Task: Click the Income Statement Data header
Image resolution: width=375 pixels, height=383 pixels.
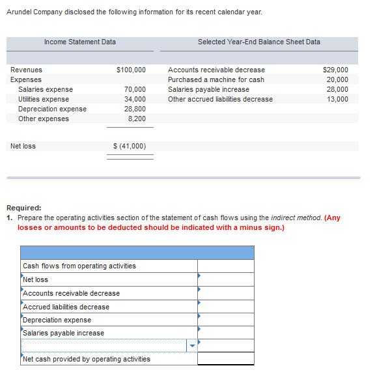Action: tap(80, 42)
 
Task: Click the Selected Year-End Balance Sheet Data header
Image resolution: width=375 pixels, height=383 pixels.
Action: tap(258, 42)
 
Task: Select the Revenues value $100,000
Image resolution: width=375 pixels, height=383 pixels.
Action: tap(131, 70)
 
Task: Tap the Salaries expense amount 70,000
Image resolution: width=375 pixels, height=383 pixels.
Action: tap(135, 89)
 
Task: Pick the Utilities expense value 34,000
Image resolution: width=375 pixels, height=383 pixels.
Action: tap(135, 99)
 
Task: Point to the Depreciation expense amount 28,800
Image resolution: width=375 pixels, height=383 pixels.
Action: tap(135, 109)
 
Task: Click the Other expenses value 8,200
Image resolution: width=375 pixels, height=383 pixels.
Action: tap(137, 119)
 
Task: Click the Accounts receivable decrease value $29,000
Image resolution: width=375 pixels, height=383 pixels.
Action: tap(335, 70)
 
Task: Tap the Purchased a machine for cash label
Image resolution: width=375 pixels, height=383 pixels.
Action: tap(216, 79)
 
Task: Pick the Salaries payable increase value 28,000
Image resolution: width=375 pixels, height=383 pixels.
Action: tap(337, 89)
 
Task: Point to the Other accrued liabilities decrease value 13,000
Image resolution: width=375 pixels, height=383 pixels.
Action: tap(337, 99)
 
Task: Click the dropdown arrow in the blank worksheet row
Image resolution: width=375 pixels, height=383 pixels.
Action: tap(191, 347)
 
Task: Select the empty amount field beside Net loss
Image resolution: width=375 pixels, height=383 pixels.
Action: tap(225, 279)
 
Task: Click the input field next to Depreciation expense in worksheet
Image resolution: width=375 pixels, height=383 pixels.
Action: tap(225, 320)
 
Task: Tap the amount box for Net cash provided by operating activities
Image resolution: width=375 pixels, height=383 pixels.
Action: tap(225, 359)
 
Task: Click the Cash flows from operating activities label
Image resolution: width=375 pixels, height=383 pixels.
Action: tap(79, 266)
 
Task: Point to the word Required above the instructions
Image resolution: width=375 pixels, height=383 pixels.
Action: tap(23, 208)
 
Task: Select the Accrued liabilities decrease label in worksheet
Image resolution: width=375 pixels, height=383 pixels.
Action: tap(66, 307)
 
